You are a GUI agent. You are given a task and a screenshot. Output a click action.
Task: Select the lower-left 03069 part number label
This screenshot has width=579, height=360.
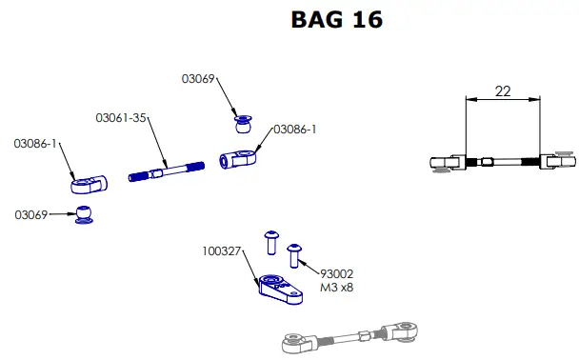(31, 215)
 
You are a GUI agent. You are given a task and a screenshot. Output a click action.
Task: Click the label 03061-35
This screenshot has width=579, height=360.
(120, 118)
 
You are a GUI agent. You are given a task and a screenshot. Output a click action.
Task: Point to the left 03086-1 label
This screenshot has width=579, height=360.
(36, 144)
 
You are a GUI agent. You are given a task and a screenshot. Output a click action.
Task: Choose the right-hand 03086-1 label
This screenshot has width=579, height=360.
(295, 129)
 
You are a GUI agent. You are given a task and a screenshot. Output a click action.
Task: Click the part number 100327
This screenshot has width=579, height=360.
(221, 252)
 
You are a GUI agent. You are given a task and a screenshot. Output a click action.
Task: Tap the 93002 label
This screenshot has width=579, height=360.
(337, 273)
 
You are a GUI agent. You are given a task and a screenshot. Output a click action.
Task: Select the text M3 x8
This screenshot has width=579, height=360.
(337, 287)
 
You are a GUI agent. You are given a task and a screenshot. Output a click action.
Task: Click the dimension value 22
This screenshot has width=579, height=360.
(503, 90)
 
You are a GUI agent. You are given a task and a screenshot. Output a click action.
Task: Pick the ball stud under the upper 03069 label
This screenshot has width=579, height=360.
(244, 123)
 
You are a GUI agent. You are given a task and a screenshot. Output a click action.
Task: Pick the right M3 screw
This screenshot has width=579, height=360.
(294, 252)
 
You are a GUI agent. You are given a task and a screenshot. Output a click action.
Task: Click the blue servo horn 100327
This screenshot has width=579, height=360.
(281, 287)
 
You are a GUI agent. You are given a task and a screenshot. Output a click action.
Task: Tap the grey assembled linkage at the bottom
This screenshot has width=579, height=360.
(347, 335)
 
